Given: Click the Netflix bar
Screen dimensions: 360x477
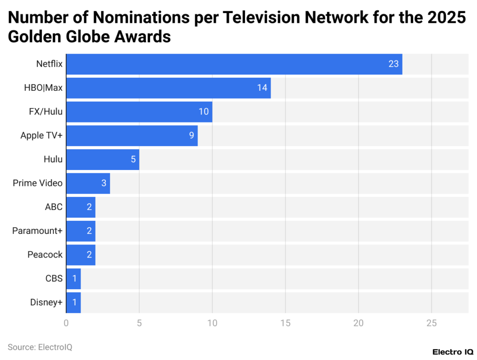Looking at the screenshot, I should click(233, 64).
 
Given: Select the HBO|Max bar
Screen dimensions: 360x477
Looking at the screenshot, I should click(168, 88).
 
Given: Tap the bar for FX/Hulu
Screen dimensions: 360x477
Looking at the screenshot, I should click(139, 112).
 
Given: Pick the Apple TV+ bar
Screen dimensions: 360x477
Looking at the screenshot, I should click(131, 136).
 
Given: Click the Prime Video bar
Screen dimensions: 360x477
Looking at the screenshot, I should click(88, 183).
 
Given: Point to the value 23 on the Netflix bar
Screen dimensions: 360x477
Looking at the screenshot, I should click(394, 64).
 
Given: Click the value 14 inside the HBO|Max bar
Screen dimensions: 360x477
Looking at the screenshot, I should click(262, 88).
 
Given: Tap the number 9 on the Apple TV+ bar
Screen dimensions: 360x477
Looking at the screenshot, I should click(191, 136).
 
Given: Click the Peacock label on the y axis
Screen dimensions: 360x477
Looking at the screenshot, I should click(45, 255).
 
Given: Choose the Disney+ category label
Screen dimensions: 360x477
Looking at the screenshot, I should click(46, 302).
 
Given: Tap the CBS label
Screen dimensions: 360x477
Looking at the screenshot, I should click(54, 278).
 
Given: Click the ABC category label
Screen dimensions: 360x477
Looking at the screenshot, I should click(54, 207).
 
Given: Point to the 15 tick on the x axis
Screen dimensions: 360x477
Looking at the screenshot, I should click(285, 323).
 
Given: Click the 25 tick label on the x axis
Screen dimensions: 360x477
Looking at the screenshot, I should click(431, 323).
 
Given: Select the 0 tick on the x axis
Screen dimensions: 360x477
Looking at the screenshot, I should click(66, 323).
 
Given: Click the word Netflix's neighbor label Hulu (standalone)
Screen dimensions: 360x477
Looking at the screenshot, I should click(53, 159).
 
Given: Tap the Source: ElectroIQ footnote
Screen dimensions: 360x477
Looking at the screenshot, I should click(40, 347).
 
